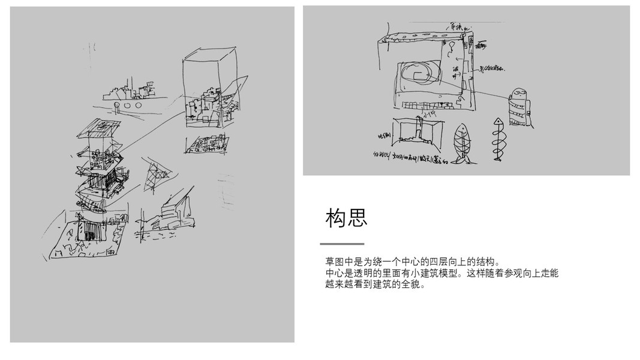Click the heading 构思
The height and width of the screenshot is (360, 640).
346,218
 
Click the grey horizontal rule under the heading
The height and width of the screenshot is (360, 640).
342,244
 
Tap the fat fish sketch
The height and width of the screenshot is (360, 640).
461,143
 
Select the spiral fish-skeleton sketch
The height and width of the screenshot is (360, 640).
497,139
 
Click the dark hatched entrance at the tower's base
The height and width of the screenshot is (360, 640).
90,232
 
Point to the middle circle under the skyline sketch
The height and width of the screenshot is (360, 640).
127,106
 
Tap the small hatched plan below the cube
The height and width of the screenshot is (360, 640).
206,145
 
